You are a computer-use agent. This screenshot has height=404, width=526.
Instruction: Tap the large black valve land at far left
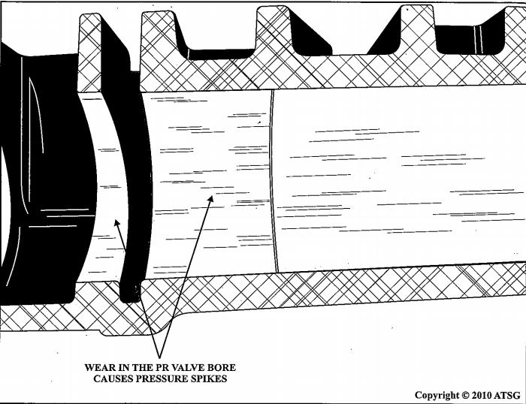point(38,173)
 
